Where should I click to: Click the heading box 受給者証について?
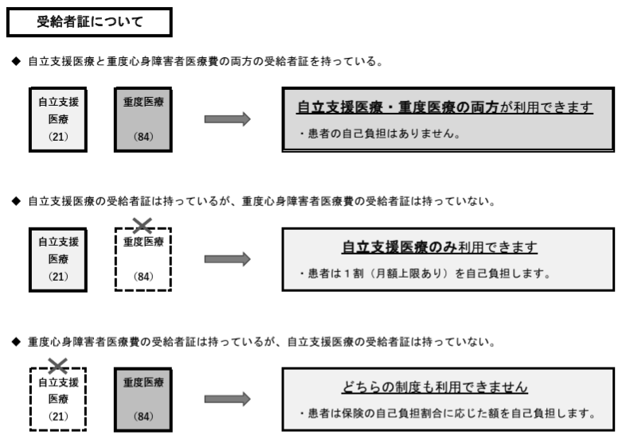pyautogui.click(x=89, y=22)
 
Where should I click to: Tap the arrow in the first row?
pyautogui.click(x=227, y=119)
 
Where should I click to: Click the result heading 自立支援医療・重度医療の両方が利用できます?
pyautogui.click(x=444, y=107)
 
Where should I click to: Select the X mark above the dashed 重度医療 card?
pyautogui.click(x=144, y=226)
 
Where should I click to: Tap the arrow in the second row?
pyautogui.click(x=227, y=258)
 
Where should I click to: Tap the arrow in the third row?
pyautogui.click(x=227, y=398)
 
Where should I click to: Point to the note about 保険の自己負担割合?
pyautogui.click(x=447, y=414)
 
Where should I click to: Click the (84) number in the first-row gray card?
pyautogui.click(x=144, y=137)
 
